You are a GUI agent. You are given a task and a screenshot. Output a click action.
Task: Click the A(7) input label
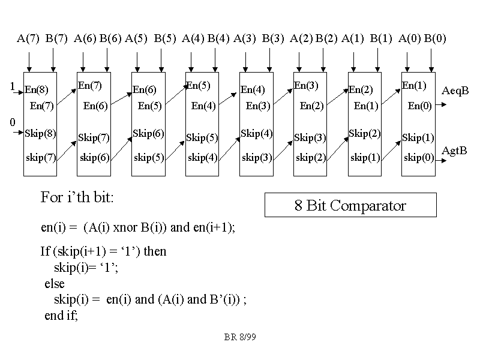pyautogui.click(x=28, y=39)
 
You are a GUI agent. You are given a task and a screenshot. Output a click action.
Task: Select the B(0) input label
pyautogui.click(x=435, y=39)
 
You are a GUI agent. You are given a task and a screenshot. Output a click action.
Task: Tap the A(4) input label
pyautogui.click(x=193, y=39)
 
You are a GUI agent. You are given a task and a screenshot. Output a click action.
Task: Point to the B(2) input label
pyautogui.click(x=327, y=39)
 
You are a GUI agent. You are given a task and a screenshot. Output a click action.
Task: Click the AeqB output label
pyautogui.click(x=455, y=91)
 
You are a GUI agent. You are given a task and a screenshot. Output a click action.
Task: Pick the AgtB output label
pyautogui.click(x=454, y=151)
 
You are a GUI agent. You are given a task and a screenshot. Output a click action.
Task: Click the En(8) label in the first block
pyautogui.click(x=36, y=90)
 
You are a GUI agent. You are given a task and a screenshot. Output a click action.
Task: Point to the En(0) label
pyautogui.click(x=419, y=106)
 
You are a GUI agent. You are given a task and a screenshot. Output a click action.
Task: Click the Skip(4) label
pyautogui.click(x=256, y=133)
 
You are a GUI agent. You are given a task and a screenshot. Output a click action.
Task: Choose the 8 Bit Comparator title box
pyautogui.click(x=350, y=206)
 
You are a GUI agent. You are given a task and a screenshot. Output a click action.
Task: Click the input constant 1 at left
pyautogui.click(x=12, y=87)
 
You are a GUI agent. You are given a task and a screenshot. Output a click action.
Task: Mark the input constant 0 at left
pyautogui.click(x=12, y=122)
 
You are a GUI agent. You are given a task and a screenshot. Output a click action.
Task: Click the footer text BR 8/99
pyautogui.click(x=240, y=337)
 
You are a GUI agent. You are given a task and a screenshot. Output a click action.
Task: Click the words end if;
pyautogui.click(x=61, y=316)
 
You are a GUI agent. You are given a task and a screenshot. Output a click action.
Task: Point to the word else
pyautogui.click(x=55, y=284)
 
